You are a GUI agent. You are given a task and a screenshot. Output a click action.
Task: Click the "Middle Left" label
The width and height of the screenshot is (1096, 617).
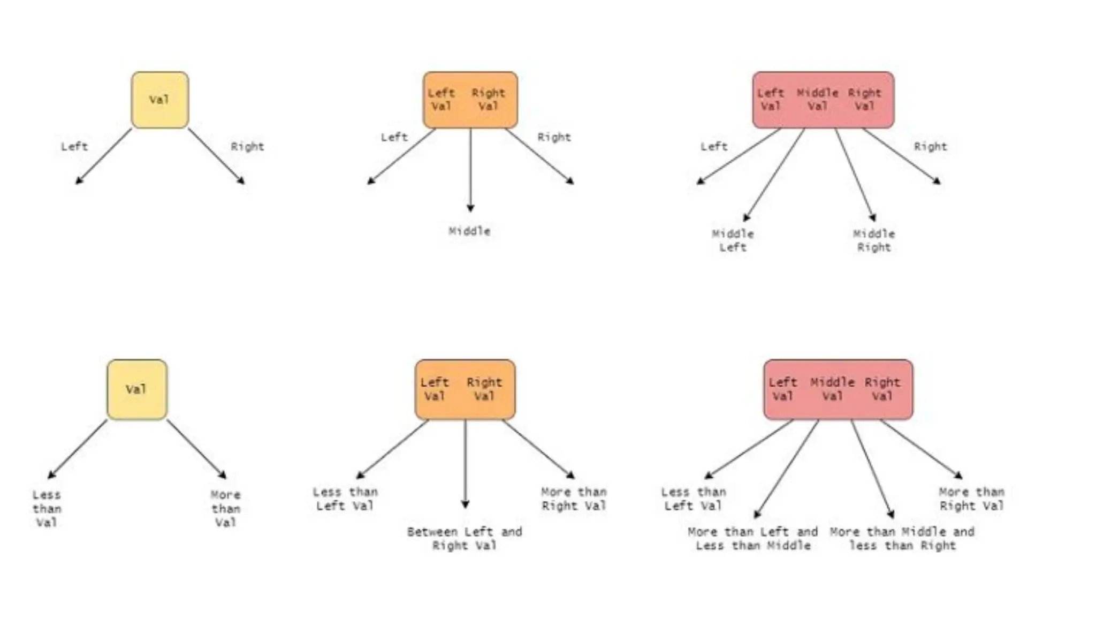733,240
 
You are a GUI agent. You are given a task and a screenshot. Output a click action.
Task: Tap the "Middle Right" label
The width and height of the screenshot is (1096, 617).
874,240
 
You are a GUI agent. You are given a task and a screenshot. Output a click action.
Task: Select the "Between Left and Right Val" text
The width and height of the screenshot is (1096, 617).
465,539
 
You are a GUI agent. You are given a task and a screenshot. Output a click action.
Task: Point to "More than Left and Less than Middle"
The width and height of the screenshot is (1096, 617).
753,539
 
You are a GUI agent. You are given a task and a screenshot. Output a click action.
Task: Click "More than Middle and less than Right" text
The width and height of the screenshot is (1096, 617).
902,539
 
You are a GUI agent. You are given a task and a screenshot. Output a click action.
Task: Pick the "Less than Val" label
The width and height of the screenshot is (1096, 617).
47,508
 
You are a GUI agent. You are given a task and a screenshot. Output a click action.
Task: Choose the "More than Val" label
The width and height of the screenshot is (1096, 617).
225,508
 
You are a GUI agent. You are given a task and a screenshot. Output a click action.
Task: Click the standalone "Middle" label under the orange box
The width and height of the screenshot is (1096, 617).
469,231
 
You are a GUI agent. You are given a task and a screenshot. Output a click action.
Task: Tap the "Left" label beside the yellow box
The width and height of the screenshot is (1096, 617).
74,146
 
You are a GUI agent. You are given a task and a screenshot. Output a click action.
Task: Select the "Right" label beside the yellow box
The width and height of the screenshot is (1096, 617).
247,146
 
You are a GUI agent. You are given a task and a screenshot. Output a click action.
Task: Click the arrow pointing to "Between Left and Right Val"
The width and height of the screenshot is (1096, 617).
465,463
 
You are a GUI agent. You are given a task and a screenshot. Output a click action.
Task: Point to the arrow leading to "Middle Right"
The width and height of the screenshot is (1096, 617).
855,174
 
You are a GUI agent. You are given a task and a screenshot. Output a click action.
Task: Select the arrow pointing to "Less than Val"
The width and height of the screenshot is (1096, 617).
78,448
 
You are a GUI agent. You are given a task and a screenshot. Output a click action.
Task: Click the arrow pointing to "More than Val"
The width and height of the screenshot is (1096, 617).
196,448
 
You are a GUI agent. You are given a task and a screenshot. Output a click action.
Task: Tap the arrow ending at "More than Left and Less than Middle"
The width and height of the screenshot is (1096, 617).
787,469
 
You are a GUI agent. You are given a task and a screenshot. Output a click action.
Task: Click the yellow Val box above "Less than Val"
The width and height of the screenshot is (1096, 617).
137,389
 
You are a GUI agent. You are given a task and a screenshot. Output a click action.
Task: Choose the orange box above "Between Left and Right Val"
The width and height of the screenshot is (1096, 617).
465,389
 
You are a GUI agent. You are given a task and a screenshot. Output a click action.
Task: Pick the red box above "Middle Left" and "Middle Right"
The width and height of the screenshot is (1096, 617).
823,100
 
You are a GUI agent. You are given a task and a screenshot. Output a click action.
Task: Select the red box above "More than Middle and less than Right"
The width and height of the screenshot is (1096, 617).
838,389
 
